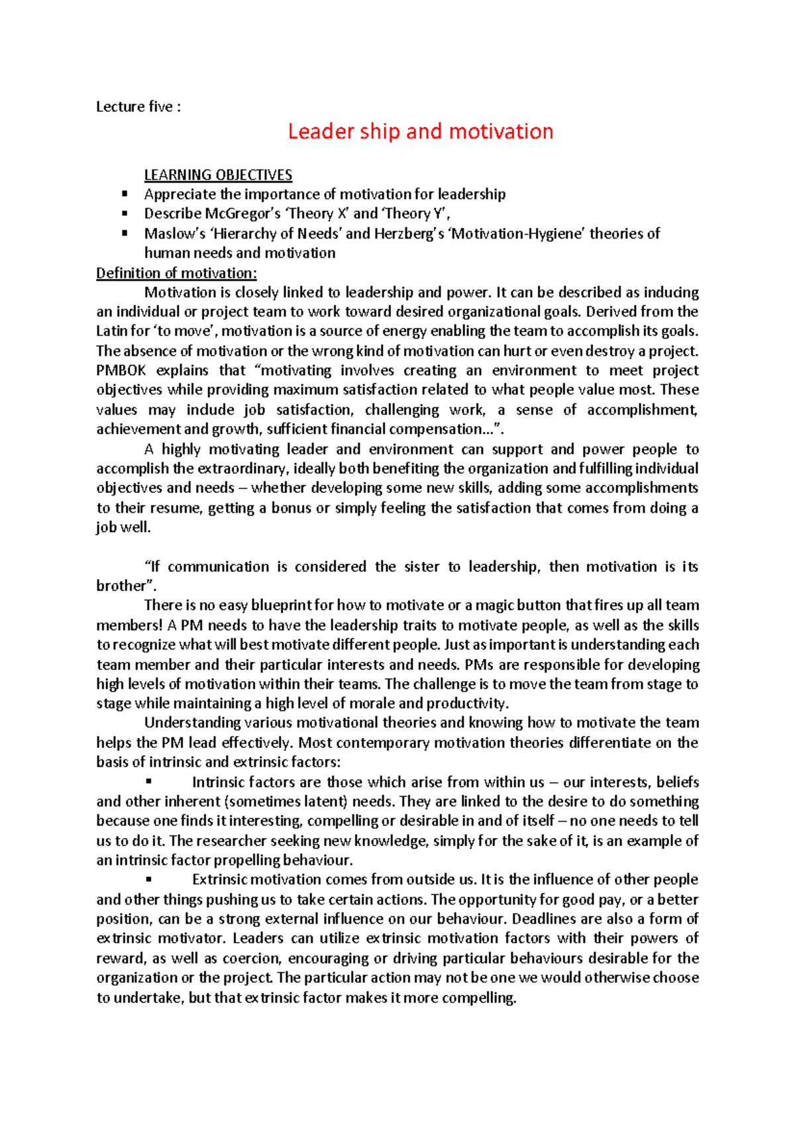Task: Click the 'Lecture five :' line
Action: (138, 107)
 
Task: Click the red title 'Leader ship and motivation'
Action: (420, 131)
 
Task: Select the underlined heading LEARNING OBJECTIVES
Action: (218, 175)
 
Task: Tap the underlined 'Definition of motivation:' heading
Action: (176, 273)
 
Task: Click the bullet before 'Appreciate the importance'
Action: (124, 194)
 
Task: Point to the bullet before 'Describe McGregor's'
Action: (124, 213)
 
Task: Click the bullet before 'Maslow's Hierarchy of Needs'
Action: (124, 233)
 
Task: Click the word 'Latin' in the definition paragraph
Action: (111, 331)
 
